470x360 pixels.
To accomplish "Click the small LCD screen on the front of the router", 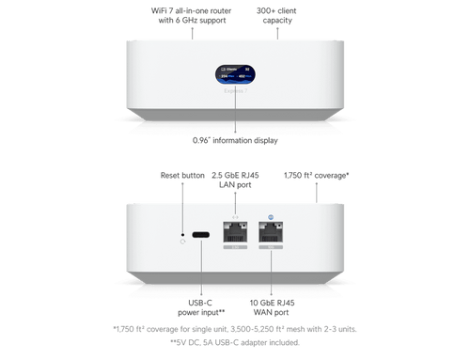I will click(235, 71).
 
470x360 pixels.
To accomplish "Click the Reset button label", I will click(175, 175).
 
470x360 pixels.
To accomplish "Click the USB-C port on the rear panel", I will click(201, 236).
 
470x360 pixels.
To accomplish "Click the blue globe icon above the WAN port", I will click(271, 214).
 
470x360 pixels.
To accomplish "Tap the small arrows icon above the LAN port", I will click(233, 215).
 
